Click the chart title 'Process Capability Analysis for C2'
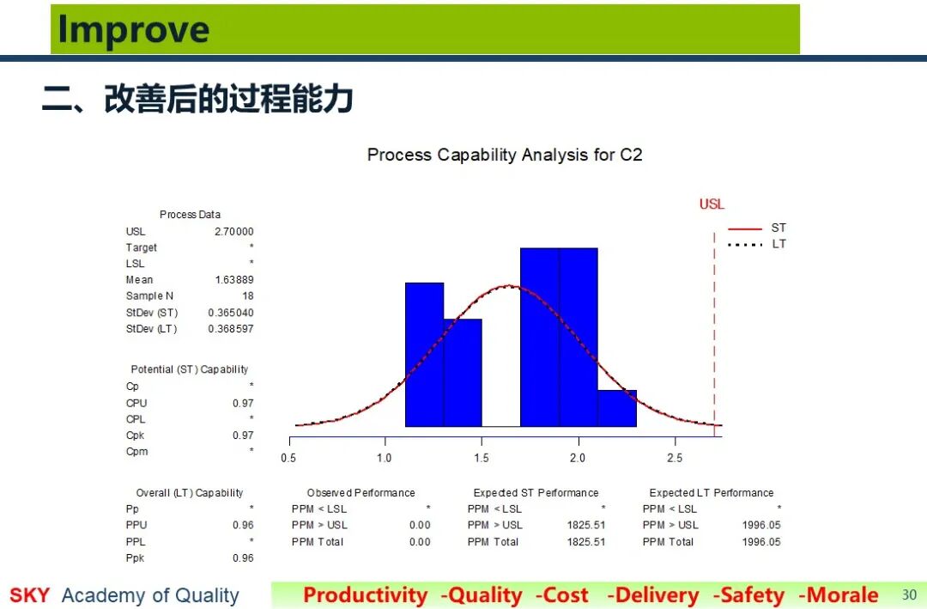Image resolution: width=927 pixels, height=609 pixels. (505, 155)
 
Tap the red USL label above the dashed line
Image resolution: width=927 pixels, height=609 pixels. (712, 204)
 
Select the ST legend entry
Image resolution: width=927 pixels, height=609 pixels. (757, 228)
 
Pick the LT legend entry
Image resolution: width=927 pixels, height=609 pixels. (757, 244)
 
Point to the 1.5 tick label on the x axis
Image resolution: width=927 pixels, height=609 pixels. (482, 458)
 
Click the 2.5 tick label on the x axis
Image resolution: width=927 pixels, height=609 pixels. (675, 458)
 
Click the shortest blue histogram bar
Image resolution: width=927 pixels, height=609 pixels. (617, 408)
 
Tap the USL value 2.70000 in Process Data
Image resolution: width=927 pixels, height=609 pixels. (234, 231)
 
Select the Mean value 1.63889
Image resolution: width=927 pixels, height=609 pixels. (234, 279)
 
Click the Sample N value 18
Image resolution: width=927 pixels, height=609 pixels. (248, 296)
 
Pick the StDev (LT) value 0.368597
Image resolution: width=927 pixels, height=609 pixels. (231, 328)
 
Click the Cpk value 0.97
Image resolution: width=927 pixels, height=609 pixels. (243, 435)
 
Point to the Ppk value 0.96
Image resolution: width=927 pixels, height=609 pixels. (243, 558)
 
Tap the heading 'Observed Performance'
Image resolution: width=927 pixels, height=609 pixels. (360, 493)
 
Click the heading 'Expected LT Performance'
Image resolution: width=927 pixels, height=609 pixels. (712, 493)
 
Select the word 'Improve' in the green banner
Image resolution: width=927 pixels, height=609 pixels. (134, 29)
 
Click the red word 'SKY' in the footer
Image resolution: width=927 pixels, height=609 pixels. (29, 594)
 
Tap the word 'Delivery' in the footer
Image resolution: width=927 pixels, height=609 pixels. (652, 594)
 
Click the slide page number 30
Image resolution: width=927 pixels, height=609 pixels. (909, 594)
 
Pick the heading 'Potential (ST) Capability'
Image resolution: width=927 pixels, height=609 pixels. (189, 369)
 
